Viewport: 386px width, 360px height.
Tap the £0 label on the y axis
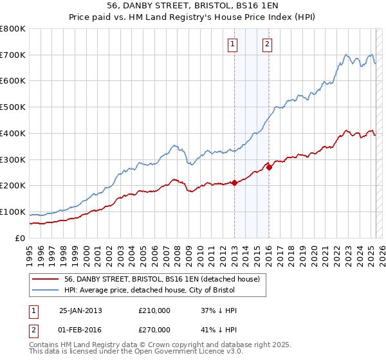point(21,238)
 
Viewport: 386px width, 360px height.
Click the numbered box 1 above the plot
point(232,44)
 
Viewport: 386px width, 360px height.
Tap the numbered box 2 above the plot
point(266,44)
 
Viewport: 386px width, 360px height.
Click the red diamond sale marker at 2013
point(234,183)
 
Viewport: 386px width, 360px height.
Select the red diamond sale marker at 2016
point(269,167)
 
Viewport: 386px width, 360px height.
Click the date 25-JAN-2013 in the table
point(80,310)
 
